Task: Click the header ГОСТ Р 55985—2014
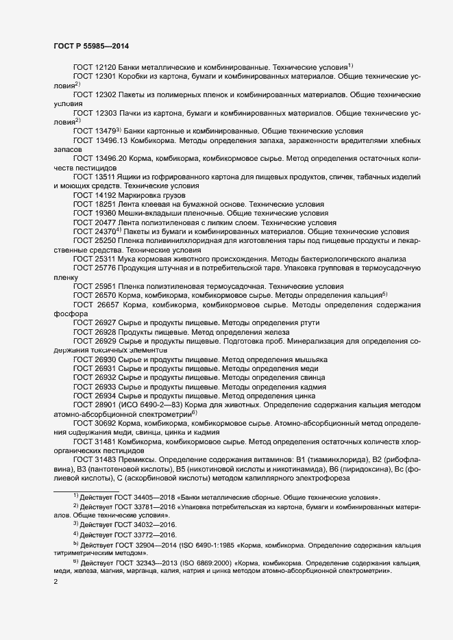(90, 46)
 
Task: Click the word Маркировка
(141, 195)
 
